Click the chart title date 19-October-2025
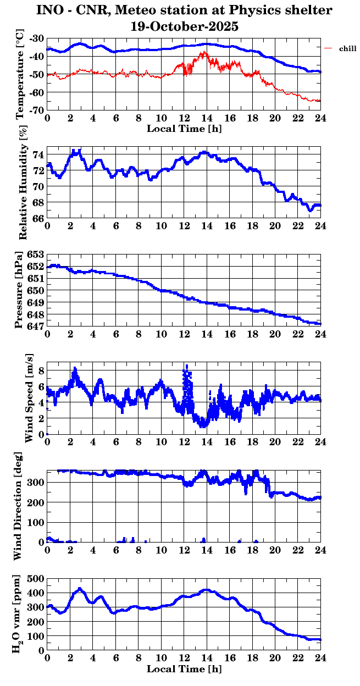pos(184,26)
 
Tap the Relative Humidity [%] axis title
pos(23,182)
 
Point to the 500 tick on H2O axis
pos(36,579)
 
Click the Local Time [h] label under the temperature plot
pos(184,129)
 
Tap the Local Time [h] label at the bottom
pos(184,669)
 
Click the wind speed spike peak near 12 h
pos(187,366)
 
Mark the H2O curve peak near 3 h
pos(80,589)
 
